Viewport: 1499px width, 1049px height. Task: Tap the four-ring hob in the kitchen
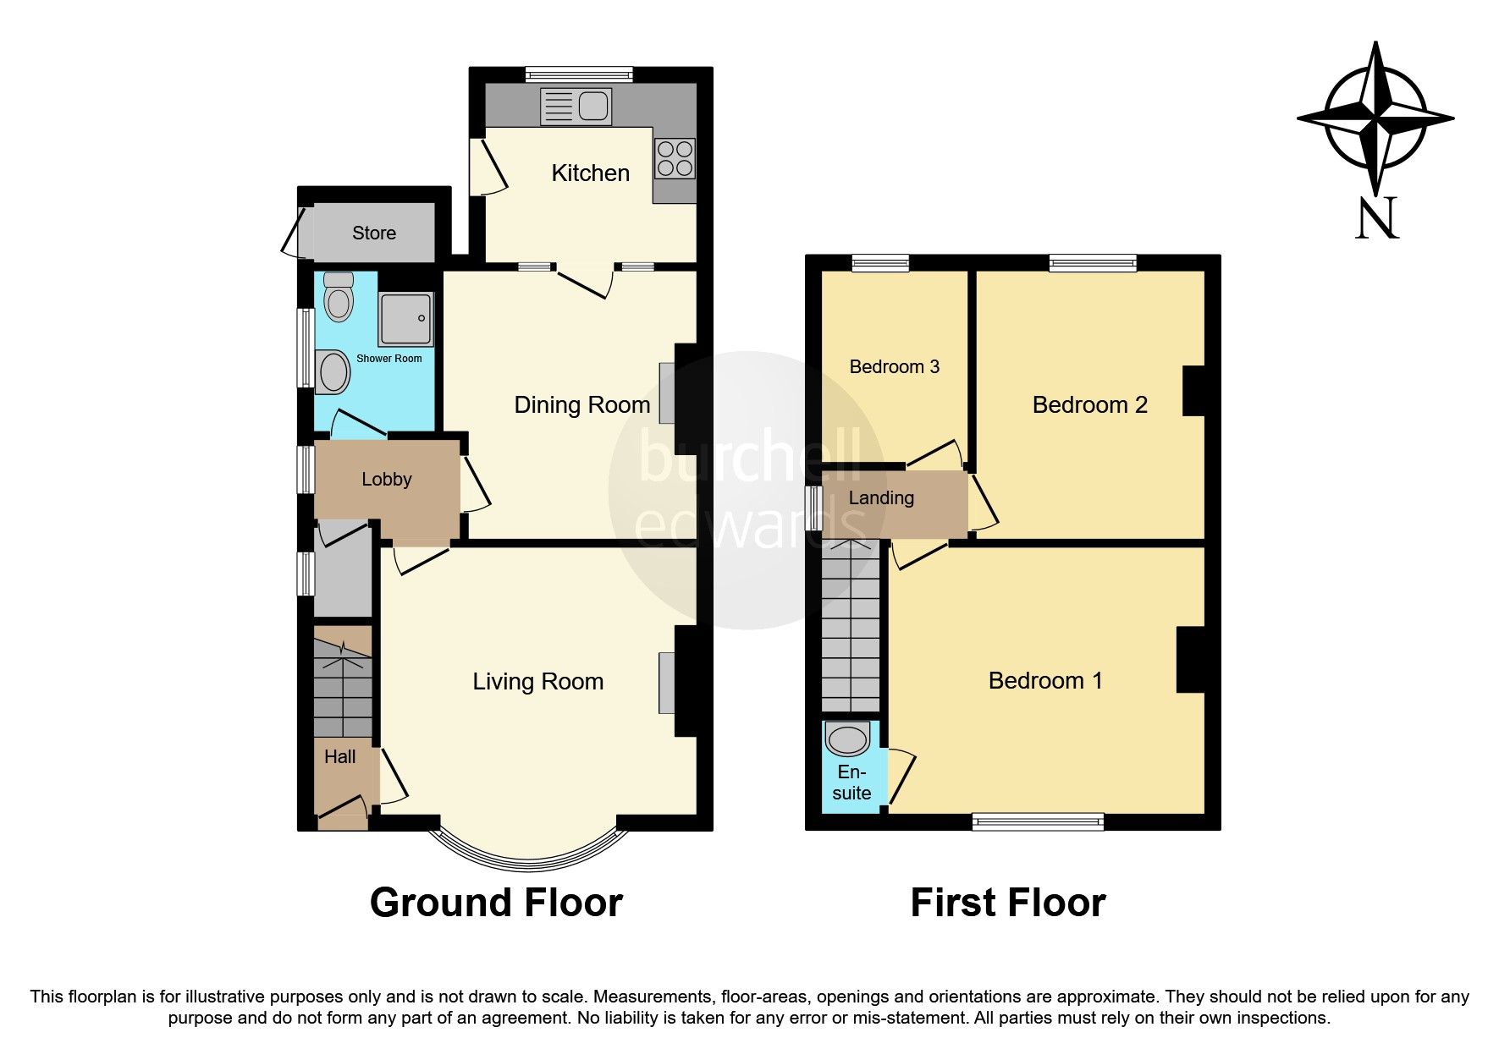(x=675, y=159)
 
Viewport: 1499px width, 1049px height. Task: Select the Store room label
(x=373, y=233)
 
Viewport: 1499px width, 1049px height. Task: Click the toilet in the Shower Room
(x=339, y=298)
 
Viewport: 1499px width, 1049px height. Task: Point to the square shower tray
(x=405, y=319)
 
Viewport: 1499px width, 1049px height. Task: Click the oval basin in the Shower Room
(x=333, y=372)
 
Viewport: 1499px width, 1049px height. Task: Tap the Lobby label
(x=386, y=479)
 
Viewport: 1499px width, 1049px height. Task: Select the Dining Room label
(x=581, y=404)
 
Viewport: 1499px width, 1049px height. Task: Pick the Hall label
(x=339, y=756)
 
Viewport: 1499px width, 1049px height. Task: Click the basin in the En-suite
(x=847, y=739)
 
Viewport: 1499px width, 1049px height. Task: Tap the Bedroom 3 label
(x=894, y=366)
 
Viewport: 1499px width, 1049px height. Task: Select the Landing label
(x=880, y=497)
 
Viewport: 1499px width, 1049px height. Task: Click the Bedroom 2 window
(x=1092, y=263)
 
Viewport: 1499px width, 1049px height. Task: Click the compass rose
(x=1375, y=118)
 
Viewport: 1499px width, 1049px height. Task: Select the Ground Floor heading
(x=496, y=903)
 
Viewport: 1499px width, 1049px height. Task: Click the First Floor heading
(x=1007, y=903)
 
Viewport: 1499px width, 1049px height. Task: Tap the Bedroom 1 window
(x=1038, y=821)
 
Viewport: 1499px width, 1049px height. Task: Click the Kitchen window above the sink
(x=579, y=74)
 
